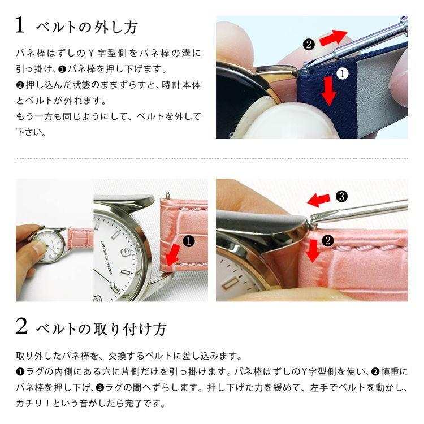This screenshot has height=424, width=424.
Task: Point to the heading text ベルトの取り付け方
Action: [101, 328]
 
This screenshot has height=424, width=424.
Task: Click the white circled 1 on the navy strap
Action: [342, 73]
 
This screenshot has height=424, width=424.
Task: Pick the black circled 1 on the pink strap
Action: [189, 241]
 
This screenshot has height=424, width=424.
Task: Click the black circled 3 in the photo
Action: [341, 196]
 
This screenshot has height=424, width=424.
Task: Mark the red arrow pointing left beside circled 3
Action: [319, 199]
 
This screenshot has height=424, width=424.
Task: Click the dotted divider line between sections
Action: [212, 159]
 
